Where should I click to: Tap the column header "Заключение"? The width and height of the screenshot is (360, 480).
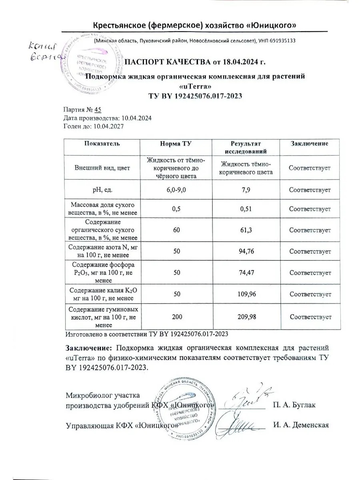[310, 144]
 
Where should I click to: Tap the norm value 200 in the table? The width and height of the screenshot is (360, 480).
[176, 317]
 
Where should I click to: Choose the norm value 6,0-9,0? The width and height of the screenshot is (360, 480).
[176, 190]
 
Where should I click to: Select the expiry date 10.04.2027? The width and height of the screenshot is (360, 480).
[108, 126]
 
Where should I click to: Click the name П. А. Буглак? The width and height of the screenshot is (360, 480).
[295, 405]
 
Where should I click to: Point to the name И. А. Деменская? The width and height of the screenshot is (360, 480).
[301, 425]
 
